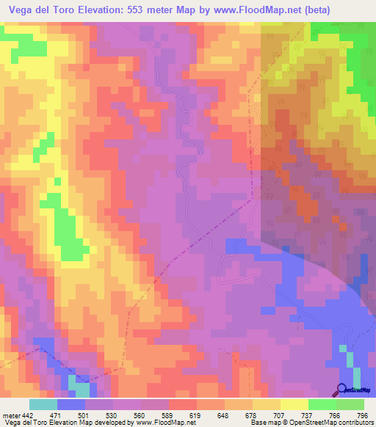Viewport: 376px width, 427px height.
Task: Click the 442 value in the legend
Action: coord(28,415)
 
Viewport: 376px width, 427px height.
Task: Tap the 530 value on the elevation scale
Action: coord(113,415)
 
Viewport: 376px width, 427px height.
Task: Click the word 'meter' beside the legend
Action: coord(10,415)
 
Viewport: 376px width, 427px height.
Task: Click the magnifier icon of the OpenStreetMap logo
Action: coord(341,389)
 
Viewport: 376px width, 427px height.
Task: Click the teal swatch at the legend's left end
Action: coord(43,404)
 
